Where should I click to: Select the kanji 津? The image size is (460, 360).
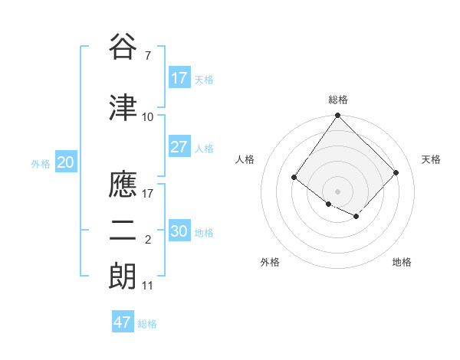pyautogui.click(x=123, y=108)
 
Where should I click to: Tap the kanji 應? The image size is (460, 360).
pyautogui.click(x=123, y=185)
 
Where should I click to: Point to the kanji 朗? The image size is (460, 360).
pyautogui.click(x=123, y=276)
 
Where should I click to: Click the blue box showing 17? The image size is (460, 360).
pyautogui.click(x=179, y=78)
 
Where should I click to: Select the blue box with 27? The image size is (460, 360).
pyautogui.click(x=179, y=147)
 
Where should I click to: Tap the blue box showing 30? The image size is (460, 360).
pyautogui.click(x=179, y=231)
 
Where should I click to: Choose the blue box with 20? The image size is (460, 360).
pyautogui.click(x=66, y=162)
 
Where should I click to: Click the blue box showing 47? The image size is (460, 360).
pyautogui.click(x=123, y=322)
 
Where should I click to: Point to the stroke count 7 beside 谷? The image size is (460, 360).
pyautogui.click(x=147, y=55)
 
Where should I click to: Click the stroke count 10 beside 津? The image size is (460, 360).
pyautogui.click(x=147, y=116)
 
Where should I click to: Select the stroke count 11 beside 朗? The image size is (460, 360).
pyautogui.click(x=147, y=285)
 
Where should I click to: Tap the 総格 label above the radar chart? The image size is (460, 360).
pyautogui.click(x=338, y=100)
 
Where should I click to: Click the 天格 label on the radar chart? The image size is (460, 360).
pyautogui.click(x=431, y=159)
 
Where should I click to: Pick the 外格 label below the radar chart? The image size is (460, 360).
pyautogui.click(x=270, y=262)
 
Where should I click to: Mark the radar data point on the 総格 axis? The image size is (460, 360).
pyautogui.click(x=338, y=116)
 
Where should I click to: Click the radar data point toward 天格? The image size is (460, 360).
pyautogui.click(x=396, y=172)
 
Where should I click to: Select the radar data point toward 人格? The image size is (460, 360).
pyautogui.click(x=294, y=177)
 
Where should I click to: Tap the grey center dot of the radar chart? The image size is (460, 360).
pyautogui.click(x=338, y=191)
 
